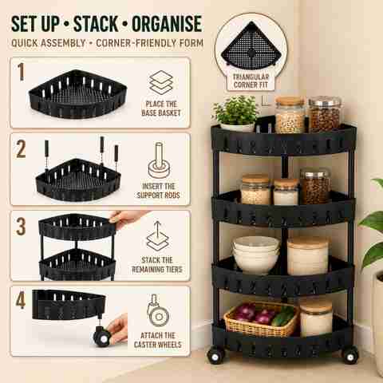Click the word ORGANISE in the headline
(x=167, y=24)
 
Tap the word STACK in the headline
(x=96, y=24)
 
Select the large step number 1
(x=21, y=72)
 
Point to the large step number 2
(x=21, y=148)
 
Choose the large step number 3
(x=21, y=227)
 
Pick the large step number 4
(x=21, y=300)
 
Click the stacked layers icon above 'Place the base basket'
(x=161, y=83)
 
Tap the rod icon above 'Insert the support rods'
(x=159, y=160)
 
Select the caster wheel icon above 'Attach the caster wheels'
(x=159, y=310)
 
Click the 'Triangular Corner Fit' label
(x=251, y=81)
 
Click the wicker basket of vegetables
(x=261, y=319)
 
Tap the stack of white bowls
(x=256, y=255)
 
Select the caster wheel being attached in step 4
(x=101, y=336)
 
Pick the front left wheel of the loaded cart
(x=215, y=356)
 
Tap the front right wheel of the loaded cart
(x=350, y=355)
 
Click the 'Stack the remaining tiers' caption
(x=157, y=265)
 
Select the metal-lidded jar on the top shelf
(x=325, y=114)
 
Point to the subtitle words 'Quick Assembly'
(x=49, y=43)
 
